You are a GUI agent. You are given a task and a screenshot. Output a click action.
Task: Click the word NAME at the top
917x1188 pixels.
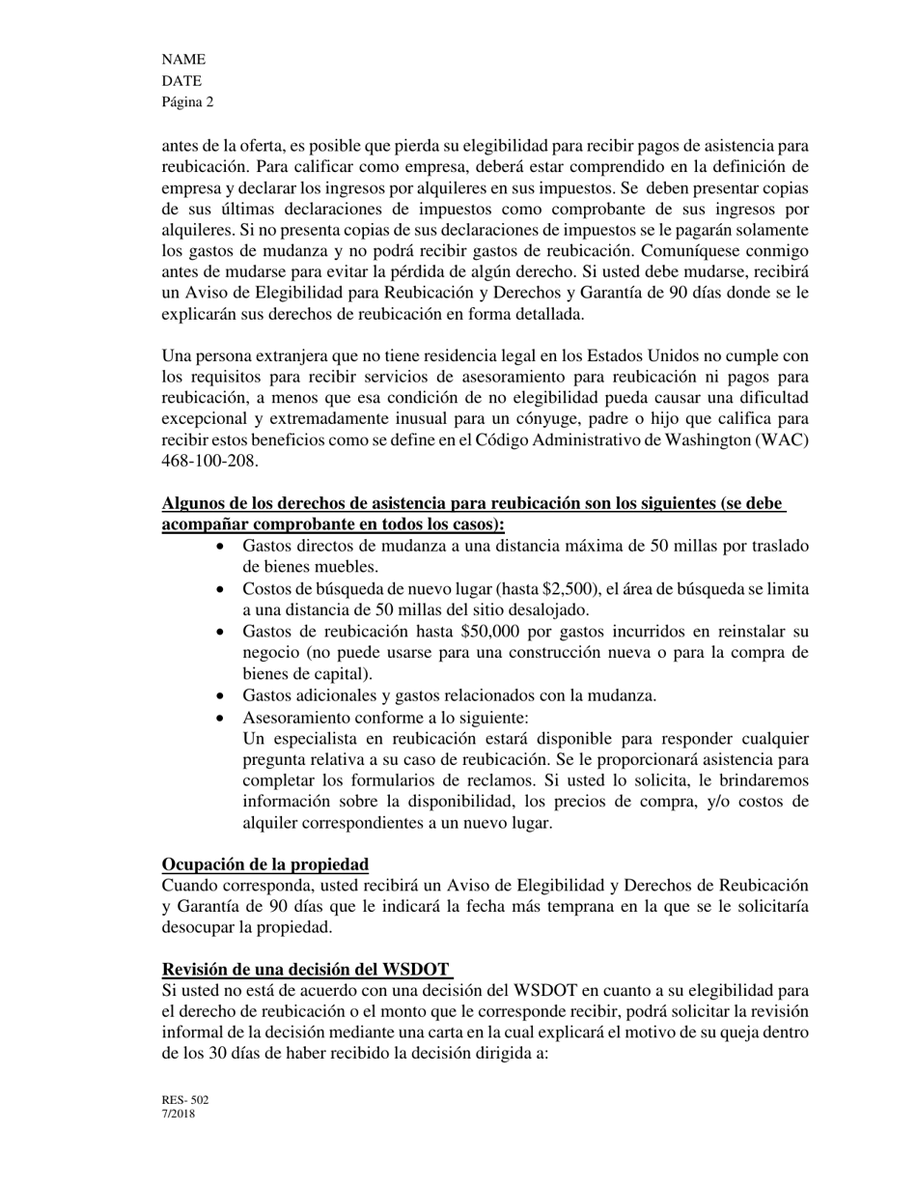183,60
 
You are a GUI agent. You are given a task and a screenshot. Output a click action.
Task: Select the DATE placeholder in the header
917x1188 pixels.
181,81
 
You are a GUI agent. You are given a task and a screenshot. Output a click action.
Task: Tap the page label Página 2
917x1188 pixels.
187,102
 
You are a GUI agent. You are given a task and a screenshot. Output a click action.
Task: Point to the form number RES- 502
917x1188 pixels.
185,1100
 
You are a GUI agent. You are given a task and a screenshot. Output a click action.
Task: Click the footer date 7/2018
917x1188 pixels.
179,1114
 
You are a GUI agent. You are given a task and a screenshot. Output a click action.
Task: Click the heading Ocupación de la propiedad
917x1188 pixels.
264,864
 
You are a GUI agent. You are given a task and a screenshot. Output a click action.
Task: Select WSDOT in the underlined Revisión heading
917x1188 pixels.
416,970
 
